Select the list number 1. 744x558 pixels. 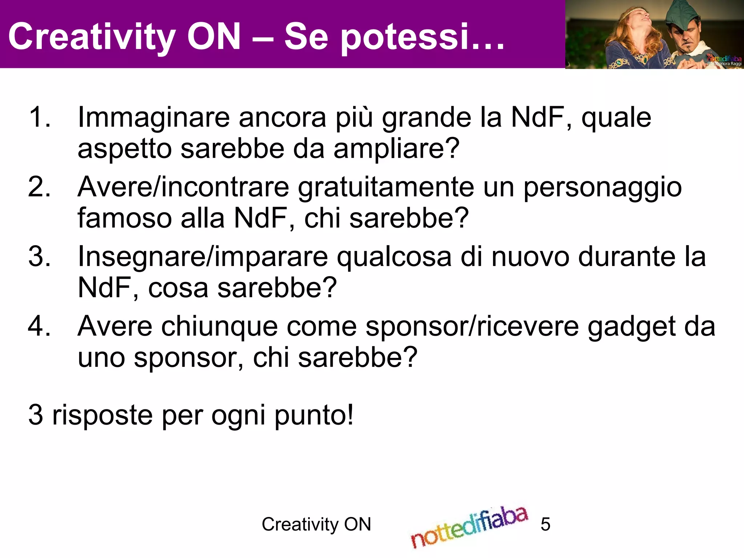[x=39, y=117]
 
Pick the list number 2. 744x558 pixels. [x=39, y=187]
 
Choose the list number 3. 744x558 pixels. [x=39, y=256]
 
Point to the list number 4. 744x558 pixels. [x=39, y=326]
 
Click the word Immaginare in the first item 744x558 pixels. [x=154, y=117]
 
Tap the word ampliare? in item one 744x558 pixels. [x=396, y=149]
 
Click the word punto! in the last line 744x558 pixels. [x=314, y=415]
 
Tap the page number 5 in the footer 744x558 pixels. [x=545, y=524]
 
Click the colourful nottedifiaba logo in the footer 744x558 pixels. [x=469, y=527]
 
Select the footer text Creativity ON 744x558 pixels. [x=316, y=524]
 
